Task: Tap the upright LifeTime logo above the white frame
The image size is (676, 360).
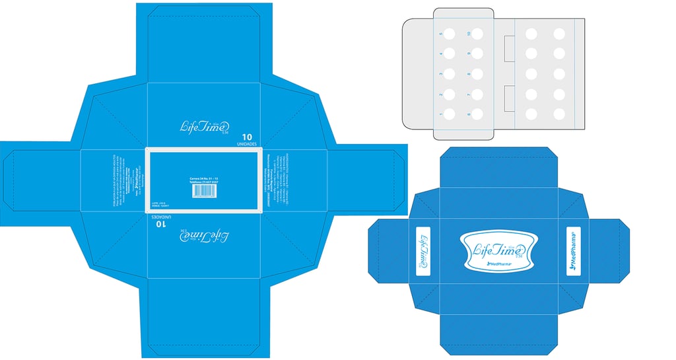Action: pos(205,125)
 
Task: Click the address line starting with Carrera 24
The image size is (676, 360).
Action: pos(204,178)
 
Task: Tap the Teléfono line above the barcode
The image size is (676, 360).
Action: pos(204,183)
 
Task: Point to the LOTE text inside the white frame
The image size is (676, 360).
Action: pos(158,203)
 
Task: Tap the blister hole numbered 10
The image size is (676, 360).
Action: pos(477,33)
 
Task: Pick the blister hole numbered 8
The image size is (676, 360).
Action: pos(477,74)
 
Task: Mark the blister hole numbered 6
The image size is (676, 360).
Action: pos(477,114)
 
